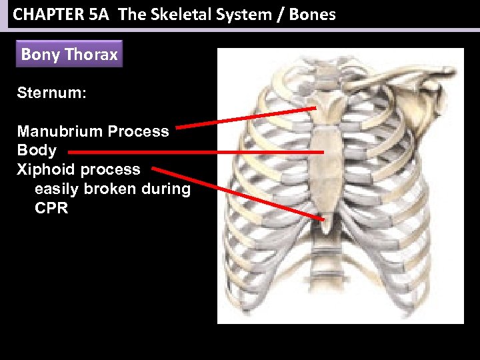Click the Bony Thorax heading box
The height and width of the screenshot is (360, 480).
click(69, 55)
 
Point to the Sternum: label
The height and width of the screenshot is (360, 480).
click(51, 93)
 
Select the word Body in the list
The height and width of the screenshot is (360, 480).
click(37, 151)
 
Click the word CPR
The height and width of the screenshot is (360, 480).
click(51, 208)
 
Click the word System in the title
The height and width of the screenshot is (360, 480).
click(230, 14)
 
